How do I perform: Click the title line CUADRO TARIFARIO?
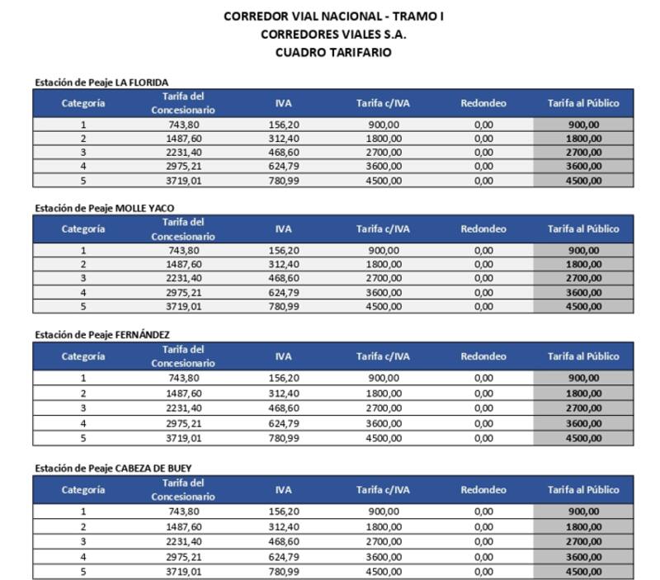[333, 52]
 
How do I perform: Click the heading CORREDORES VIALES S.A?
[333, 34]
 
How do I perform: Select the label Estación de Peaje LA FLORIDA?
[101, 82]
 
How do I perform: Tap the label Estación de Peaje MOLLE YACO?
[104, 207]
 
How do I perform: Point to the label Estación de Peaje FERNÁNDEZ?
[102, 334]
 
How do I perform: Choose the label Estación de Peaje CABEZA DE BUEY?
[113, 468]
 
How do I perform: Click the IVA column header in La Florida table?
[283, 103]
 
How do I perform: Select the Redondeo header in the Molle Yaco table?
[483, 229]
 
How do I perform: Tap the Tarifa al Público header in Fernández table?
[583, 356]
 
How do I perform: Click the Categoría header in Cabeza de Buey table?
[83, 489]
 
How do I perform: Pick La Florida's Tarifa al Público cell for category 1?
[583, 125]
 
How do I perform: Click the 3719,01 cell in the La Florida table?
[183, 181]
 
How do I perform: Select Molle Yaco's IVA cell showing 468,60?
[283, 278]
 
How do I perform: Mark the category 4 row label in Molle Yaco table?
[83, 292]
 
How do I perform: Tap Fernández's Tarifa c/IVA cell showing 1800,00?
[383, 394]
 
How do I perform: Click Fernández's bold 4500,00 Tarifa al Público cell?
[583, 438]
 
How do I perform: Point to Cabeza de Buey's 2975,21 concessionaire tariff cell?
[183, 557]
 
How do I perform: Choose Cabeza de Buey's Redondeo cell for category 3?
[483, 542]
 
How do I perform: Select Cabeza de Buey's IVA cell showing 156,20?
[283, 512]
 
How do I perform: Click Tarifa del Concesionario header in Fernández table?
[183, 356]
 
